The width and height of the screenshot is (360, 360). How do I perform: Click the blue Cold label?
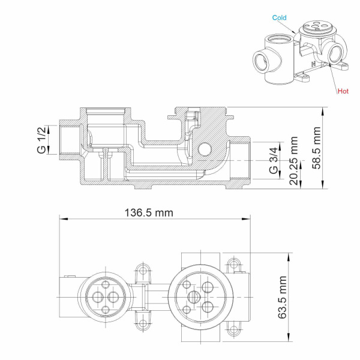280,18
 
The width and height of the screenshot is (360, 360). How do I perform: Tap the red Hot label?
343,92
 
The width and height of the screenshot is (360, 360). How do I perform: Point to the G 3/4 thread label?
274,161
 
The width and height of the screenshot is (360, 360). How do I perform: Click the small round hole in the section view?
204,148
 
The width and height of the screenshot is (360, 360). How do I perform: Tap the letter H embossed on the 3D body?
313,62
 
